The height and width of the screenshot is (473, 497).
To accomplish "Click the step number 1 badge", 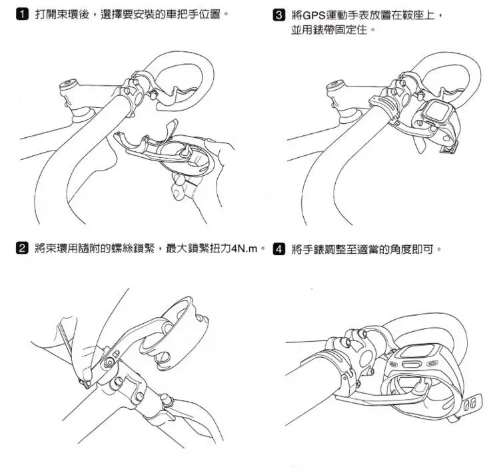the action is coord(22,14).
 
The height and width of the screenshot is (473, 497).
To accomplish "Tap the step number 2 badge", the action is coord(22,248).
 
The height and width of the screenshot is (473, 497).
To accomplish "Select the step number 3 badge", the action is coord(278,15).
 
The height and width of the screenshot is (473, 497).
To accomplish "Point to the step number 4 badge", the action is coord(278,249).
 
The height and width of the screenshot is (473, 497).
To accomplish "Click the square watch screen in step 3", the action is coord(438,110).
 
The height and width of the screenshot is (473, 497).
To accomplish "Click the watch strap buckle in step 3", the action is coord(449,148).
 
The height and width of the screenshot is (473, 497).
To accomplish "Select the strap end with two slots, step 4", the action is coord(470,405).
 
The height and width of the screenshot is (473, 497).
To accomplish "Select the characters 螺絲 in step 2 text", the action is coord(122,248).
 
